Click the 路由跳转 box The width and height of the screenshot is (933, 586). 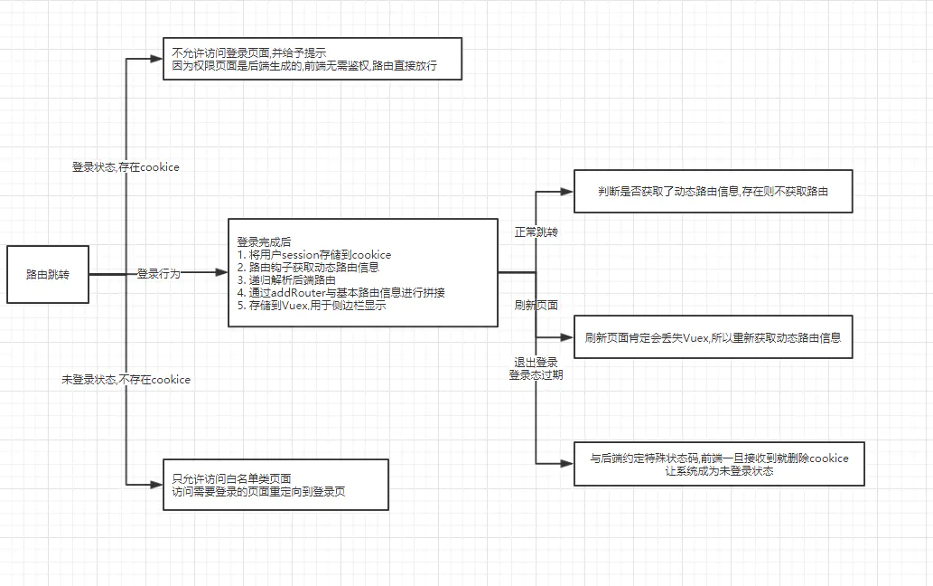point(49,273)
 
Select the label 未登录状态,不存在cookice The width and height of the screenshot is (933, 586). point(126,380)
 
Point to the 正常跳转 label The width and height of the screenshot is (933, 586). point(536,232)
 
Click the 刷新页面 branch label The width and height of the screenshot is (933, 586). point(536,304)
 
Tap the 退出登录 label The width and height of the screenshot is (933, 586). point(536,362)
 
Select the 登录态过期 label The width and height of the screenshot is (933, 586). point(536,374)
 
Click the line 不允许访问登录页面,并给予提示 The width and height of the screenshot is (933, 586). point(248,52)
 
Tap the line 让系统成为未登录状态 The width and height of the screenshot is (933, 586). point(719,471)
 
